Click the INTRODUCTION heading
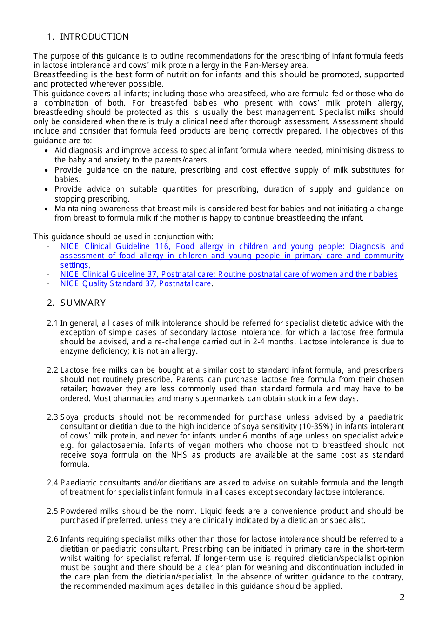click(x=94, y=37)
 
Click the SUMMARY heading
click(x=83, y=303)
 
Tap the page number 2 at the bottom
click(x=402, y=597)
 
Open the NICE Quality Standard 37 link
click(x=136, y=284)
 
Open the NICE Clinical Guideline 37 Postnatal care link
click(x=228, y=275)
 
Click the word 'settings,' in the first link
click(x=75, y=265)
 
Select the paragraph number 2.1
click(x=53, y=323)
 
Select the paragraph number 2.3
click(x=53, y=417)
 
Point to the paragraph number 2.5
click(x=53, y=511)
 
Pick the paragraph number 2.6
click(x=53, y=539)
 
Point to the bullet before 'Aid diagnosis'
click(x=46, y=151)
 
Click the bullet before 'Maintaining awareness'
click(x=46, y=209)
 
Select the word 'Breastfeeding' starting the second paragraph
click(x=60, y=74)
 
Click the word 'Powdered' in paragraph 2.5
click(x=77, y=511)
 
